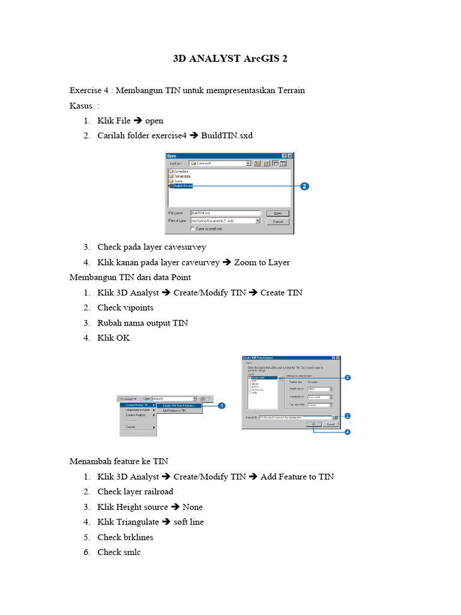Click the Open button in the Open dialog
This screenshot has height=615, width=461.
click(277, 213)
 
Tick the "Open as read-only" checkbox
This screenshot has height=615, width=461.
click(193, 229)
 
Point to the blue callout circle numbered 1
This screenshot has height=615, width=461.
click(221, 405)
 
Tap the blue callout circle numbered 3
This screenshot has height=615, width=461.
click(348, 415)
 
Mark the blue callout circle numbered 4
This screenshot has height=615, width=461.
click(348, 431)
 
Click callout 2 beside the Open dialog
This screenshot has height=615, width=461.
click(304, 186)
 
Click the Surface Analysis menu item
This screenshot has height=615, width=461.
click(136, 415)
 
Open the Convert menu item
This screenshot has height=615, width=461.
click(130, 427)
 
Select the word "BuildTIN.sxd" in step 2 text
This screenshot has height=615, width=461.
click(227, 135)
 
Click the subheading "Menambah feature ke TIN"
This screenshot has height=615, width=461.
click(119, 461)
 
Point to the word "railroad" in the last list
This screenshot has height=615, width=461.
click(157, 491)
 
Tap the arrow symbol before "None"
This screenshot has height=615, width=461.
click(175, 507)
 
